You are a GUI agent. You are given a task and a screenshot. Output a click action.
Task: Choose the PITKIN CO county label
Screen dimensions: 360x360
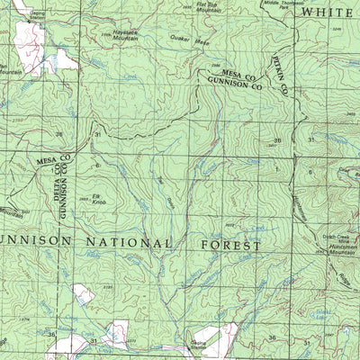[x=281, y=80]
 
